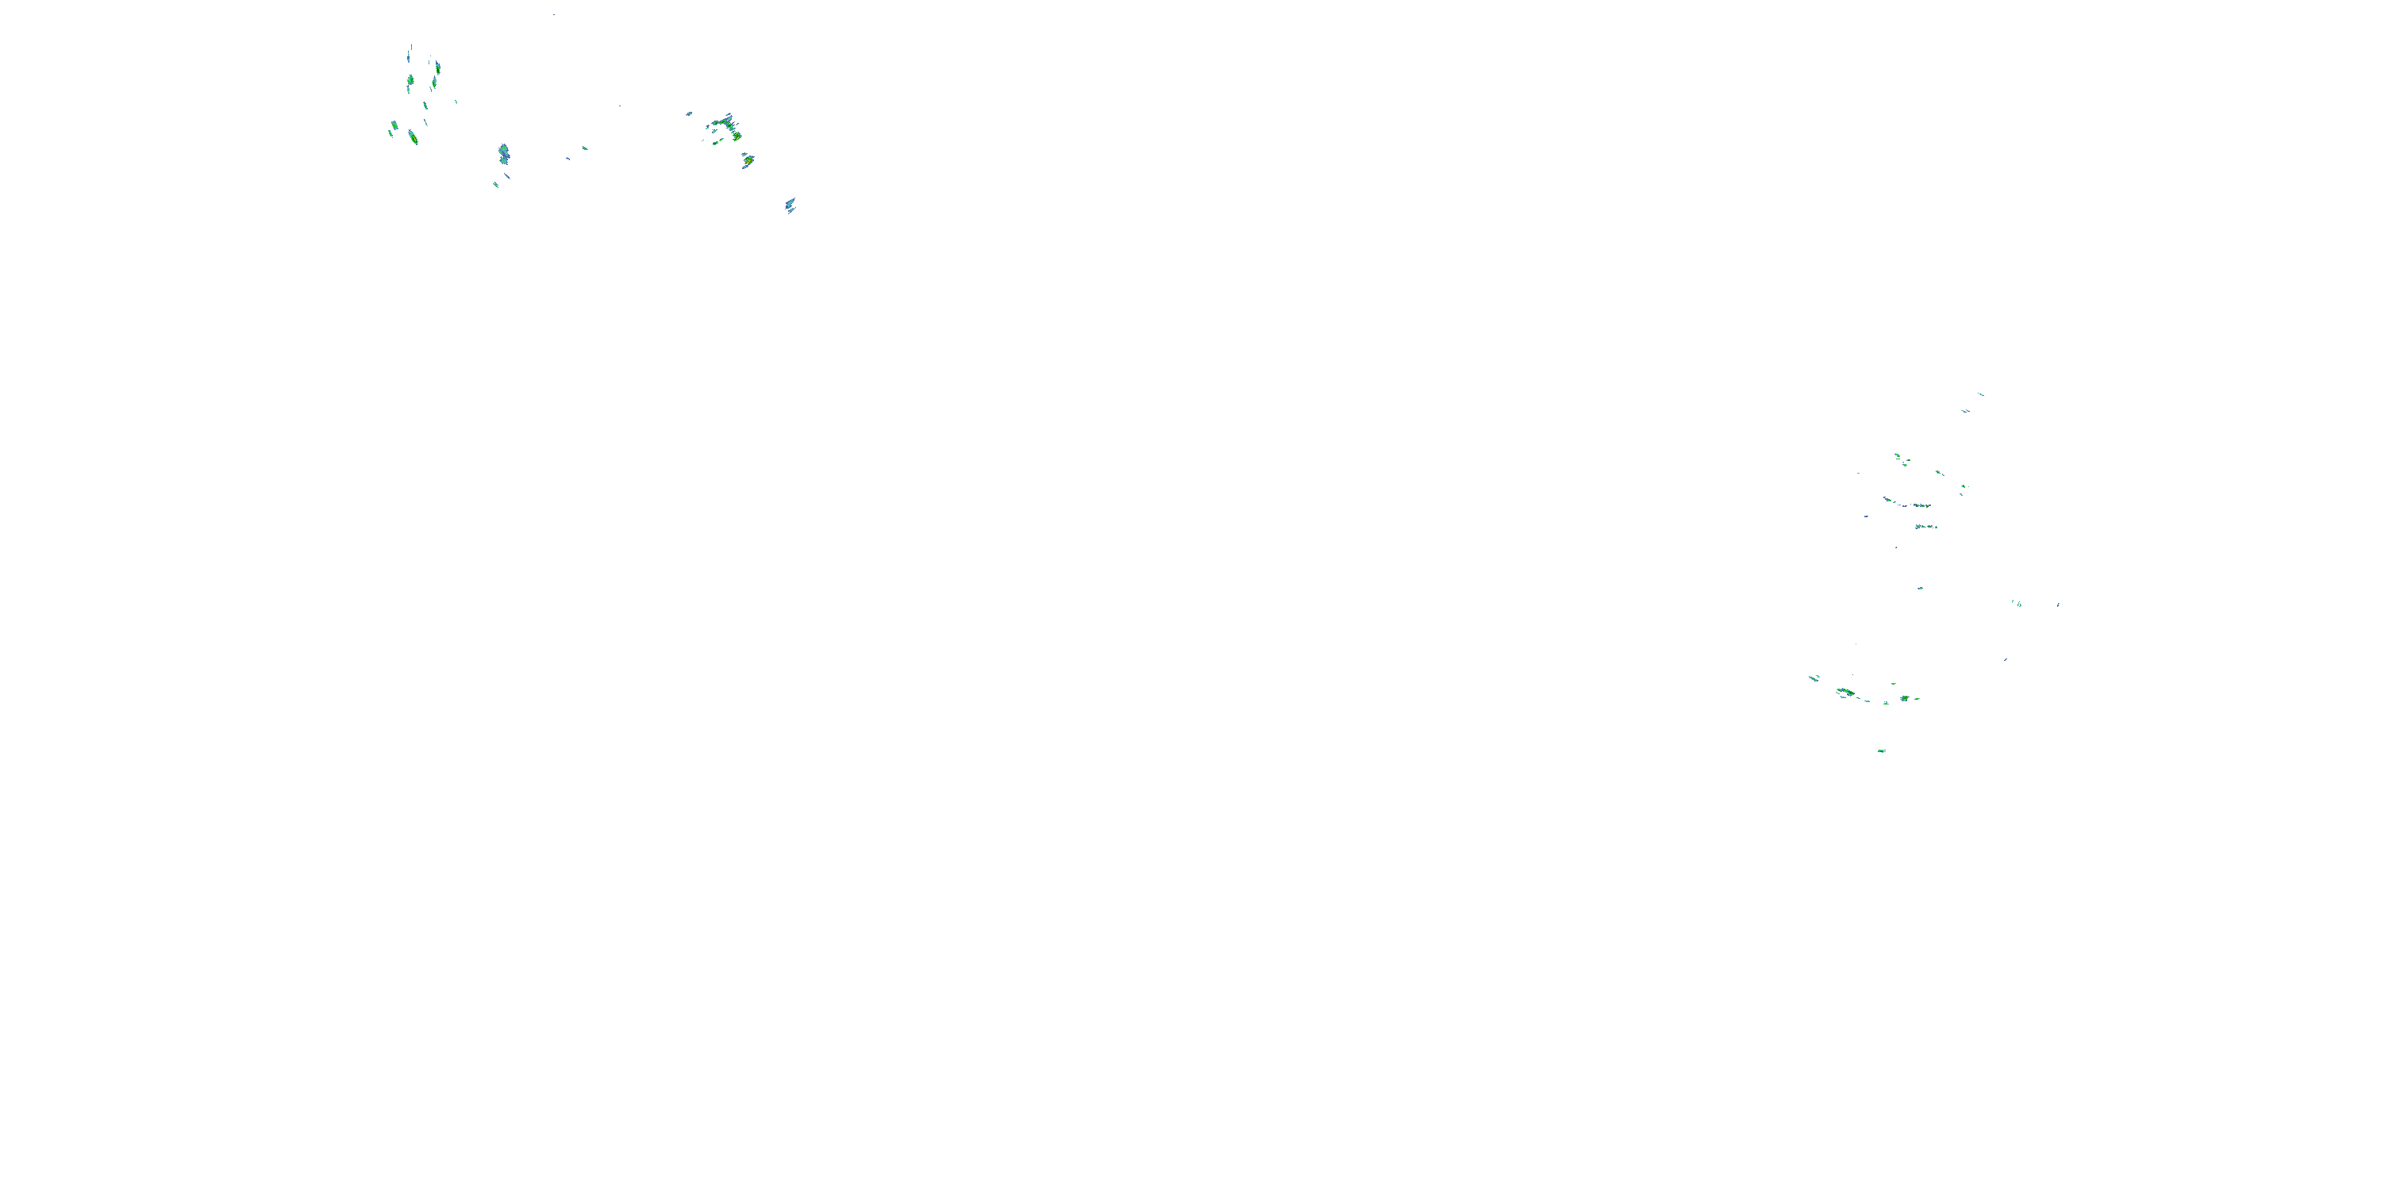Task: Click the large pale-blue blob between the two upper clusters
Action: (x=503, y=152)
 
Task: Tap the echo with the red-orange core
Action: (x=748, y=161)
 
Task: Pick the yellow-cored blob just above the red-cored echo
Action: (x=736, y=136)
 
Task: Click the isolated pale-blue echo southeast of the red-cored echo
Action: (x=790, y=204)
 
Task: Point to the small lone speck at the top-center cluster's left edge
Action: (x=689, y=113)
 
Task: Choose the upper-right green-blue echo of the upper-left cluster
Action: (x=437, y=67)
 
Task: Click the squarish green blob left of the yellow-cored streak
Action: (x=394, y=125)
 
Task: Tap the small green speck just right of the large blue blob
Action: (x=585, y=148)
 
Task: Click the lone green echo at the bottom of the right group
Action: (x=1881, y=751)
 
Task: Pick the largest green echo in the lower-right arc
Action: (x=1845, y=692)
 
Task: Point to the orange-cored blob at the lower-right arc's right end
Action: (x=1904, y=698)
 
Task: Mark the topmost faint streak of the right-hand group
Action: (x=1980, y=394)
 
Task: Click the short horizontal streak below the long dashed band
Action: (x=1925, y=527)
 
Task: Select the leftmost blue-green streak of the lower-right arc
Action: (x=1814, y=678)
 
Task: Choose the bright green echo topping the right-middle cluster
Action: (x=1897, y=455)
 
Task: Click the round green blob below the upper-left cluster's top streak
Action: (x=410, y=81)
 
